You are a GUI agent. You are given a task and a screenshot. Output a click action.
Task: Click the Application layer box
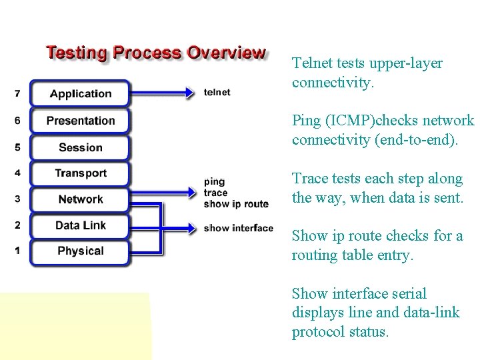80,93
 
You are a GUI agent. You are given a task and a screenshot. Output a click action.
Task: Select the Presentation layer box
80,121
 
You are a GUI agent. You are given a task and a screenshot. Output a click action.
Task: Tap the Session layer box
80,147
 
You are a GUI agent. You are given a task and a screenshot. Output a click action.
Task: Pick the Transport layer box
80,173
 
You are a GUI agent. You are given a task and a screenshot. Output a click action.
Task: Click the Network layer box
80,199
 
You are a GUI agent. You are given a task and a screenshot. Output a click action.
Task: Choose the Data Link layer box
80,225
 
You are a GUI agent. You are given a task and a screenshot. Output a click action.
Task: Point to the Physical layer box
80,251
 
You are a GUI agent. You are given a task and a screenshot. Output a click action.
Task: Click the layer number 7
17,94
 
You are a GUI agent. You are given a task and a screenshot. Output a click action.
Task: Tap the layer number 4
17,173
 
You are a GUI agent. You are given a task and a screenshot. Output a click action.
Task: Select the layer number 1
17,250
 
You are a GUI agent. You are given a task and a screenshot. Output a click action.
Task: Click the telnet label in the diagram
217,93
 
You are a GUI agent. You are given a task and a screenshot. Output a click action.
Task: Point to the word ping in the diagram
214,181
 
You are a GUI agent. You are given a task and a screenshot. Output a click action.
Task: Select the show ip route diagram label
236,204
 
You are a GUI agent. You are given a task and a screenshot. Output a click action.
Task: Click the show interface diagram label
238,228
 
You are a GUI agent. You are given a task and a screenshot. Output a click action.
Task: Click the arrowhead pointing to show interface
192,228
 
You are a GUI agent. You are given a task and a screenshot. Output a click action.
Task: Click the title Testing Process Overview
155,53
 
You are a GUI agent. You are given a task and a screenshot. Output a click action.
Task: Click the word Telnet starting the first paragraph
312,63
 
